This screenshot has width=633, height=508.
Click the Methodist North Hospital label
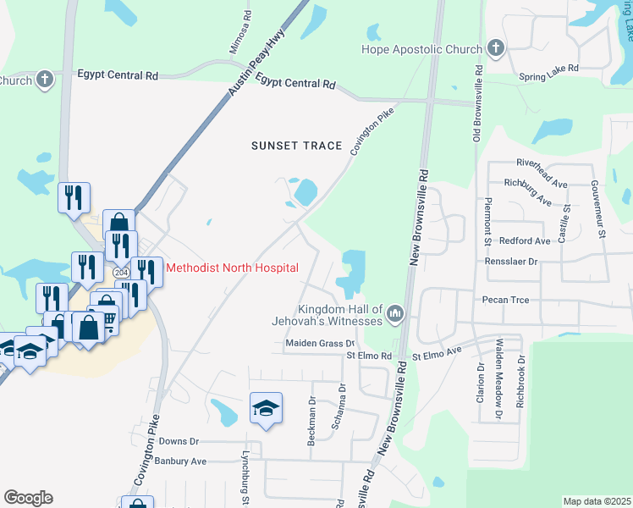click(232, 268)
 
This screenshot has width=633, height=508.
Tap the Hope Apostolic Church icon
click(495, 49)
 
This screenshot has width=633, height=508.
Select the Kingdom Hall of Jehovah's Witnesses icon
click(394, 316)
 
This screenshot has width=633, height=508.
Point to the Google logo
click(28, 498)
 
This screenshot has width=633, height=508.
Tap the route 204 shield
click(121, 273)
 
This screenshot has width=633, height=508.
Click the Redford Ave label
click(525, 241)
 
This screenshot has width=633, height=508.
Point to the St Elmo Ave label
click(437, 351)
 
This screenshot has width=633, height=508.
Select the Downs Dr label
click(179, 442)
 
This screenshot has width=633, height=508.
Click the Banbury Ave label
click(180, 461)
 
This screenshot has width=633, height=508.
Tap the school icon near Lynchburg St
click(266, 408)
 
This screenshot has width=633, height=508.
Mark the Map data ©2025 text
click(597, 501)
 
